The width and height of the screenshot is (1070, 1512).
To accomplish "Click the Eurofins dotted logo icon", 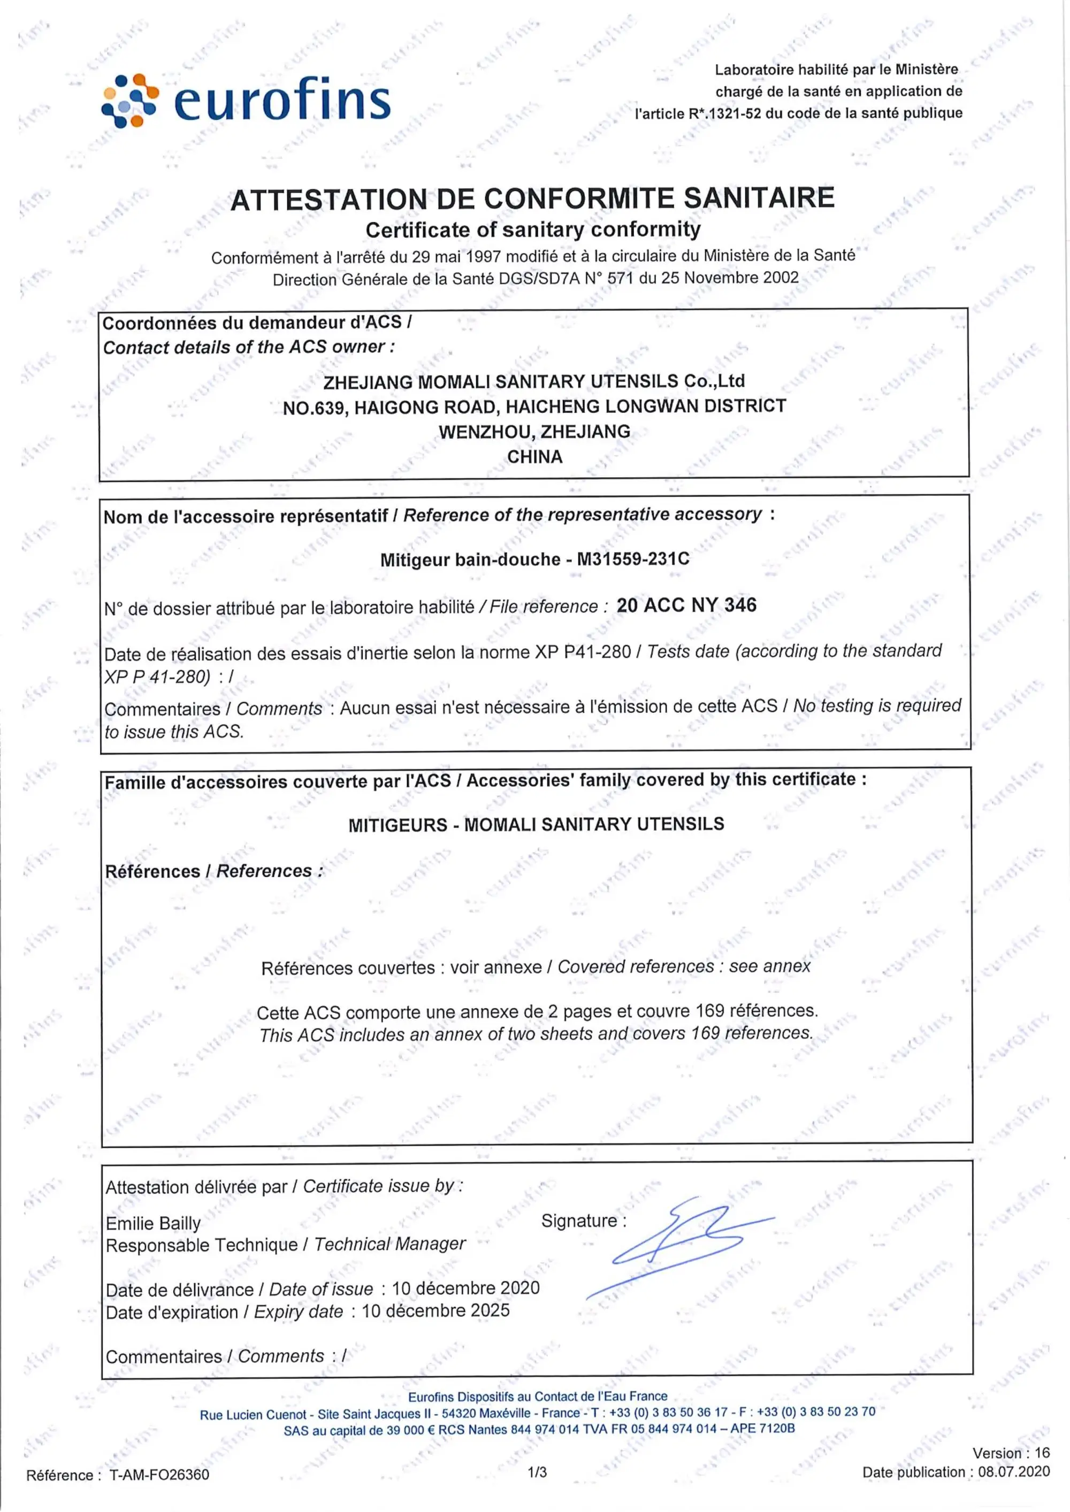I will point(130,100).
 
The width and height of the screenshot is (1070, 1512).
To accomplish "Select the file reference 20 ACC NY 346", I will point(686,605).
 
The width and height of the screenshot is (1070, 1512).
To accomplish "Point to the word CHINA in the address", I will point(534,457).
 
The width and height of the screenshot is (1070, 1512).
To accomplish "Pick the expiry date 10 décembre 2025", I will point(435,1310).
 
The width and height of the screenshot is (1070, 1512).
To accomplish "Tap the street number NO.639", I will point(314,408).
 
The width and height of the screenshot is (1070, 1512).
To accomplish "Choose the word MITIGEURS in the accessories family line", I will point(398,825).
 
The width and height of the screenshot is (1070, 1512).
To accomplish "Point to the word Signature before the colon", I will point(578,1221).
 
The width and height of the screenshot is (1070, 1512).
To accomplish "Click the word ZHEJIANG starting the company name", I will point(368,382).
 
